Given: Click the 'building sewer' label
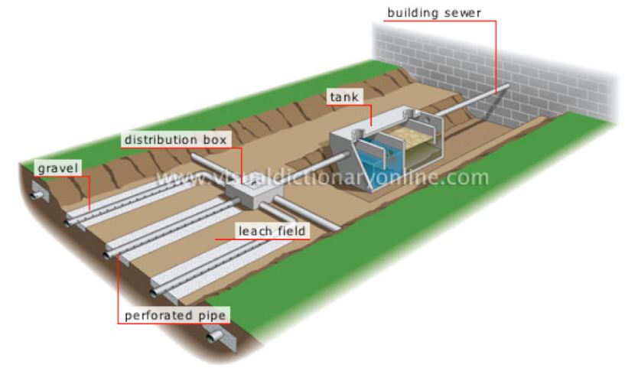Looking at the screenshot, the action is (x=434, y=13).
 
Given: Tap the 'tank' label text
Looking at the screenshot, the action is (x=344, y=97).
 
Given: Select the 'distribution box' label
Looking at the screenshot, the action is (x=175, y=140).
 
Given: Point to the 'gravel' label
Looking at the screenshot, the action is (x=58, y=168).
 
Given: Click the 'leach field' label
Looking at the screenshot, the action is (x=272, y=231).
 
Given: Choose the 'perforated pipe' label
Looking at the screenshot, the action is (x=175, y=316).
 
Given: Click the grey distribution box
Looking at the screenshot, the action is (x=254, y=193).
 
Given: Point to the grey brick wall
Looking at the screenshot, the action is (x=494, y=72).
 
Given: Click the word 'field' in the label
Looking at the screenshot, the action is (x=290, y=231).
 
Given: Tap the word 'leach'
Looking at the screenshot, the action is (x=254, y=231).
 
